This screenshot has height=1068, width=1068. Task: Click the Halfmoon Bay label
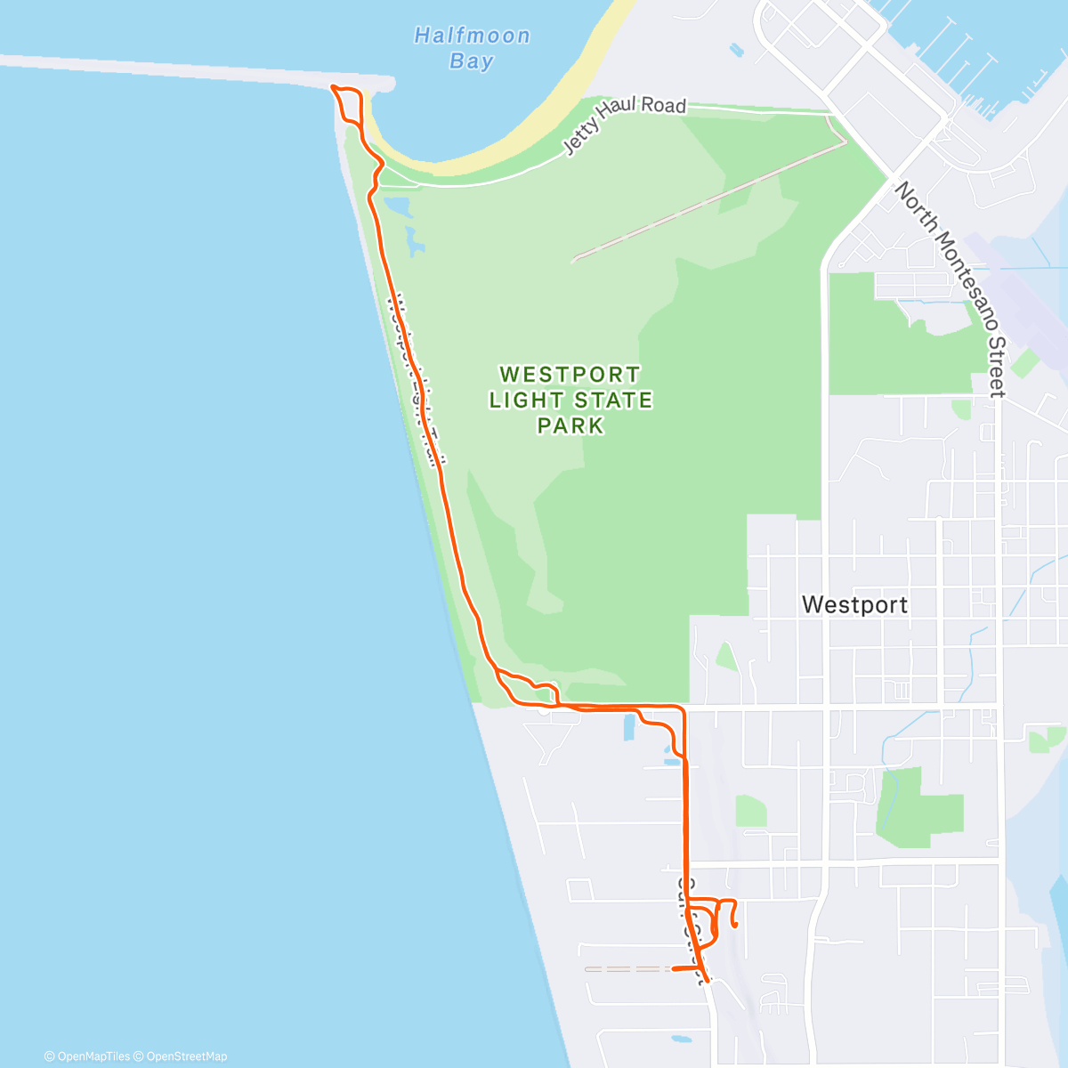point(472,48)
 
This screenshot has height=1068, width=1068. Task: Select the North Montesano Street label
point(951,288)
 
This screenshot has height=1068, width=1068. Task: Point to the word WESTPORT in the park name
point(570,375)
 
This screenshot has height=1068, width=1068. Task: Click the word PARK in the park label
point(570,426)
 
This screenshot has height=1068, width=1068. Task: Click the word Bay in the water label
point(472,61)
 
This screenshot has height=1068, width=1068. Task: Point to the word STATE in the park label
point(613,400)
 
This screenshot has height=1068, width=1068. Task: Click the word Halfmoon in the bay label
point(472,36)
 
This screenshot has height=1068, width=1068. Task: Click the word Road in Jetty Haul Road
point(664,106)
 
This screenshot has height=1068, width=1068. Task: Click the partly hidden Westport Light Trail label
point(415,378)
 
